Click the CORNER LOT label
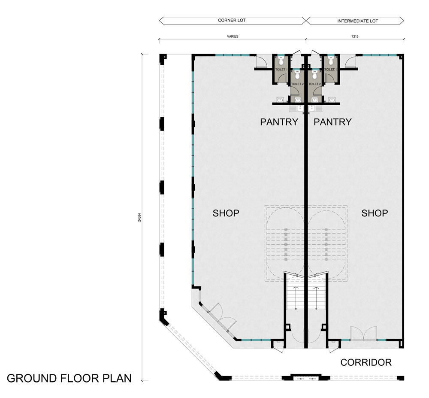click(x=232, y=20)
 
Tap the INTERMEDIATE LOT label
click(x=358, y=21)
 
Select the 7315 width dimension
click(x=355, y=36)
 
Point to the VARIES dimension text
click(x=233, y=36)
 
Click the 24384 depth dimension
click(x=139, y=217)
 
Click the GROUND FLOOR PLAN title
click(x=69, y=378)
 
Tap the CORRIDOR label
click(x=366, y=362)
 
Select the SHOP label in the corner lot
click(x=226, y=213)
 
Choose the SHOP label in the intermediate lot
click(x=375, y=213)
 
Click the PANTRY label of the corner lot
click(x=279, y=122)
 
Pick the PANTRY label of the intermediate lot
click(x=332, y=122)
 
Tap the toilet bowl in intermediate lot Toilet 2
click(x=314, y=75)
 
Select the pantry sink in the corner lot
click(x=296, y=109)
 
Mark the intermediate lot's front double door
click(x=364, y=334)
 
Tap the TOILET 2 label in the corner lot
click(x=297, y=84)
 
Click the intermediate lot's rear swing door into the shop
click(x=350, y=61)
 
